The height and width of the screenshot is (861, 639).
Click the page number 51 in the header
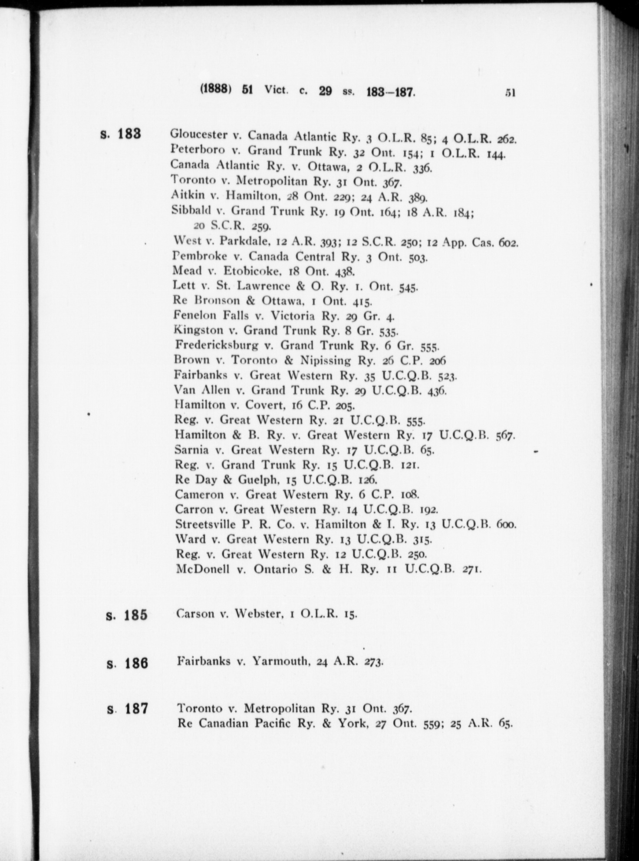(510, 92)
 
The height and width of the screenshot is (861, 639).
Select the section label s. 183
(121, 134)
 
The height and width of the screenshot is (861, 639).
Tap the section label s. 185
(127, 615)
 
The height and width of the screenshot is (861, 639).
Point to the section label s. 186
(128, 664)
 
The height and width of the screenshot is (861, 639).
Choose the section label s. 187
(128, 709)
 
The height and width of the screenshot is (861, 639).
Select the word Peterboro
(198, 150)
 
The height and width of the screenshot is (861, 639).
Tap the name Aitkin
(188, 194)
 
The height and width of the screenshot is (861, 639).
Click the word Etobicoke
(250, 271)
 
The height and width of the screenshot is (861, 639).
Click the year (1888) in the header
(215, 91)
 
